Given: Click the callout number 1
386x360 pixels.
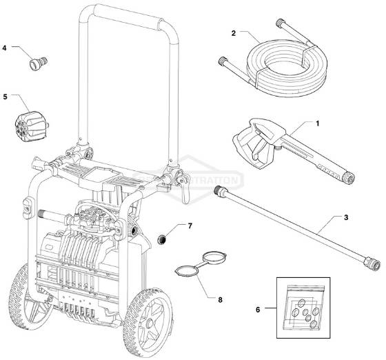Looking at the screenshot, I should click(x=318, y=123).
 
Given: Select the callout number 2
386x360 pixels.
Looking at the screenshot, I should click(x=234, y=32).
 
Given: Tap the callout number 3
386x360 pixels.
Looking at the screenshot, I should click(x=346, y=217).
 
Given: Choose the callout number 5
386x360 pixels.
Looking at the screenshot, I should click(x=5, y=97).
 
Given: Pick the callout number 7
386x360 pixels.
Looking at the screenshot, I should click(x=190, y=226).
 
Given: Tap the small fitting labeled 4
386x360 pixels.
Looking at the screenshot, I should click(x=34, y=63).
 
